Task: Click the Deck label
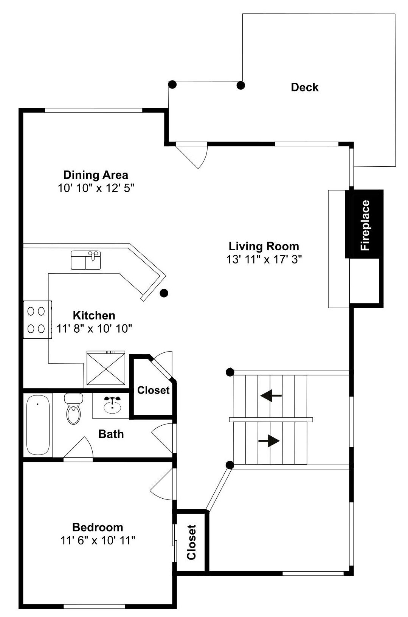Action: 304,87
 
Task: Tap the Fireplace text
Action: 365,225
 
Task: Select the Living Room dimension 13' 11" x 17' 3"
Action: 264,259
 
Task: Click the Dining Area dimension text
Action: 96,188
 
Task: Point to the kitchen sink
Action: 86,260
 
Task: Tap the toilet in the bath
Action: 74,409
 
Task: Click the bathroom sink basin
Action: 112,406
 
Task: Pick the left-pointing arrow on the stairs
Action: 271,395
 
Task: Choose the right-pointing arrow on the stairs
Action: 269,441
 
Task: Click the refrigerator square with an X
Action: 106,368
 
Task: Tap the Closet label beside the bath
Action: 154,390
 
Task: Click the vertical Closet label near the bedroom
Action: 191,543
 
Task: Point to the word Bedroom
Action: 98,527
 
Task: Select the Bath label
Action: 111,434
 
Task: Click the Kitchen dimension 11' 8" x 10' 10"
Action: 94,328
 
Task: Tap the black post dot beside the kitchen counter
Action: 164,293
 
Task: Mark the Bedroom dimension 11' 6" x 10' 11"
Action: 98,540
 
